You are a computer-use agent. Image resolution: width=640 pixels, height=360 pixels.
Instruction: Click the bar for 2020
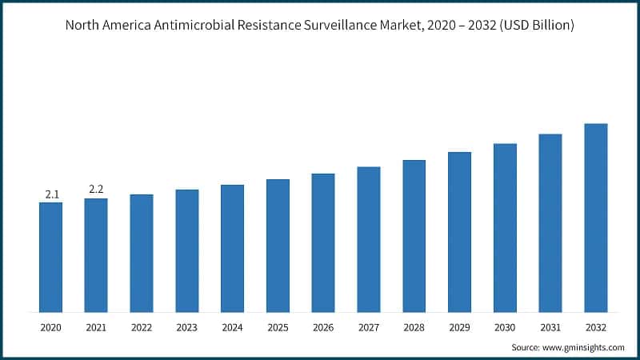[x=50, y=257]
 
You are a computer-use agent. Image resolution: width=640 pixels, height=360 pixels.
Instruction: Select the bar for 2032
[x=596, y=218]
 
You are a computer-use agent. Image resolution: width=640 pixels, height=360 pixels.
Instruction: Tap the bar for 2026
[x=323, y=242]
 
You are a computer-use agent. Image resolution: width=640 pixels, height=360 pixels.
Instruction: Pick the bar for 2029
[x=459, y=232]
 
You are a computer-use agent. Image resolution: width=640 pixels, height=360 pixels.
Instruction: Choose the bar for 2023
[x=187, y=250]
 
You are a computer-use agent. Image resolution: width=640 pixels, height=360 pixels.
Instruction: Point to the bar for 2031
[x=550, y=222]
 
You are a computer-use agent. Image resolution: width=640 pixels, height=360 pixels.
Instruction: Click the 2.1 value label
[x=50, y=194]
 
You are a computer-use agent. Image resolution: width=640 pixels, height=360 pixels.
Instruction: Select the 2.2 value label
[x=96, y=190]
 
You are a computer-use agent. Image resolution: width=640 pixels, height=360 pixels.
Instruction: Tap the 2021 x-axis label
[x=96, y=328]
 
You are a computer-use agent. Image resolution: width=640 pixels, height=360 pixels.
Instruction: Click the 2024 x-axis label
[x=232, y=328]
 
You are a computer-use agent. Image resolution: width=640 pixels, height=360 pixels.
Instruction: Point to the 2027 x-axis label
[x=369, y=328]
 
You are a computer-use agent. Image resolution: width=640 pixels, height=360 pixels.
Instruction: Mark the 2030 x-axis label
[x=505, y=328]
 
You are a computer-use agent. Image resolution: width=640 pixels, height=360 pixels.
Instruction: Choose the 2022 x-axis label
[x=142, y=328]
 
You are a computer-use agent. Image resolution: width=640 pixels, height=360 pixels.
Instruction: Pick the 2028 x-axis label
[x=414, y=328]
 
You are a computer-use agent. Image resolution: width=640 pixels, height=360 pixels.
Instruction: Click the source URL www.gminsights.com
[x=583, y=347]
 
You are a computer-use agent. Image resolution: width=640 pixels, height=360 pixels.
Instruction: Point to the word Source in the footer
[x=526, y=347]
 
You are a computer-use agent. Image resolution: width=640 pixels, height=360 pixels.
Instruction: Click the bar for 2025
[x=278, y=246]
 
